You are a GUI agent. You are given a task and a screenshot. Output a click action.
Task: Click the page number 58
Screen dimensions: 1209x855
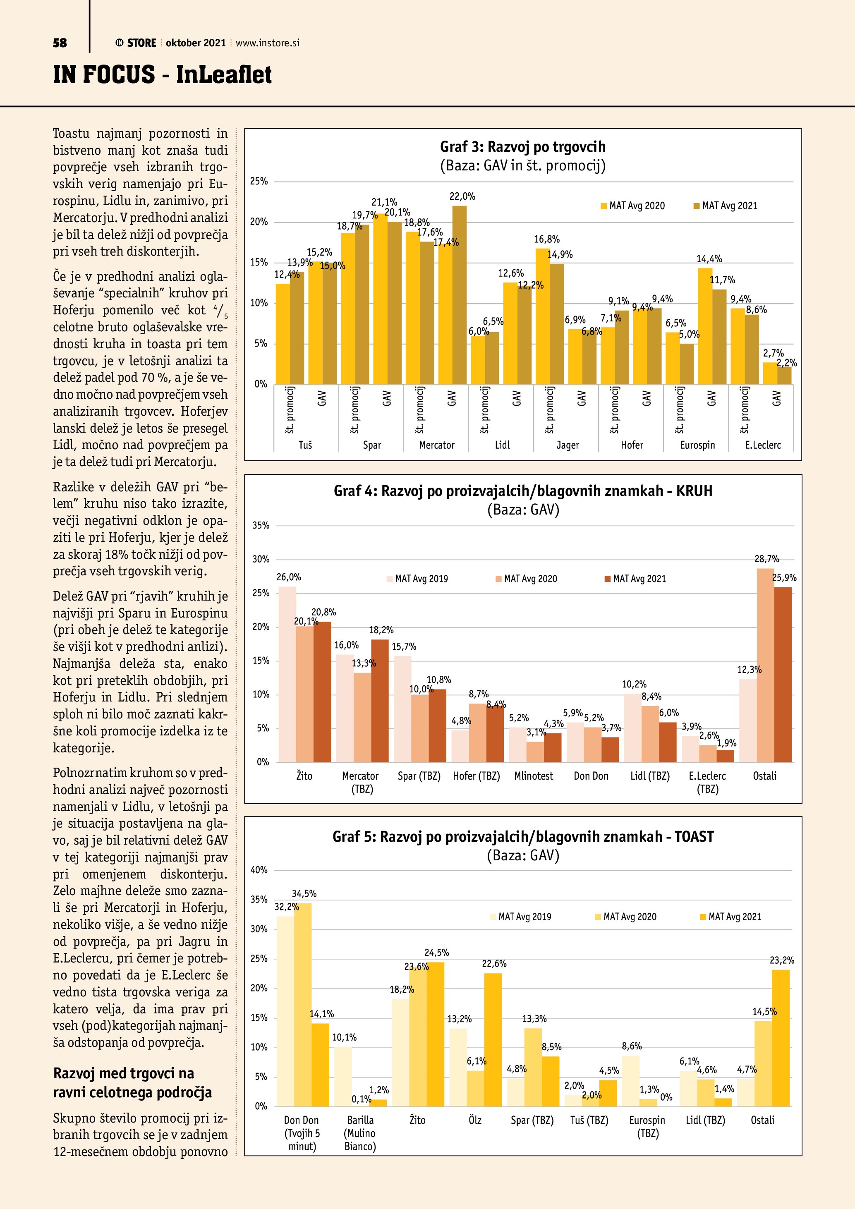click(60, 43)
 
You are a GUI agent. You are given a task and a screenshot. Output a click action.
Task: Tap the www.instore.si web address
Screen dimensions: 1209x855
click(268, 43)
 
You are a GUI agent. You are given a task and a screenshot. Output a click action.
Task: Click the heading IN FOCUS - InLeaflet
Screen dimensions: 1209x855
click(162, 75)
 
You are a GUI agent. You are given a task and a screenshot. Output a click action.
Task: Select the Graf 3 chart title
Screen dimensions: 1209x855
click(523, 147)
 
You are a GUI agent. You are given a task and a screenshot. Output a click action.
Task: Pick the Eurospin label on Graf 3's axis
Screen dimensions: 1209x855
click(697, 445)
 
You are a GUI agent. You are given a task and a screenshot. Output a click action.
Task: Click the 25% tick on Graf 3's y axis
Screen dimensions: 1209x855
click(259, 181)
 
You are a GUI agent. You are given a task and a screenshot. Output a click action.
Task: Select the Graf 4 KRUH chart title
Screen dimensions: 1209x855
click(523, 491)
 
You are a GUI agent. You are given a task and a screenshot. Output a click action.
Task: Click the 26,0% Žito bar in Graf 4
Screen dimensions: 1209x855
click(287, 674)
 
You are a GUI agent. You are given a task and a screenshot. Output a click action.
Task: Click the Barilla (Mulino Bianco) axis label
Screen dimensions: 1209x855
click(360, 1132)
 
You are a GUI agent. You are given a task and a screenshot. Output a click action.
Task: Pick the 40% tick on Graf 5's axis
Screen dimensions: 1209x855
click(259, 870)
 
